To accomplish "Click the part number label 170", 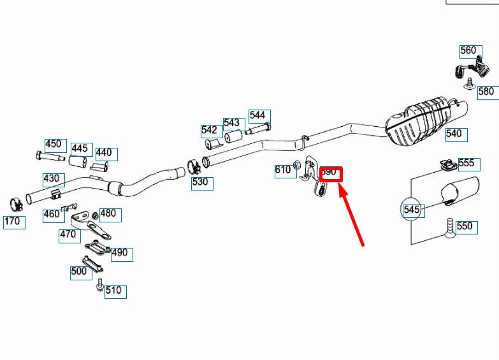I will point(14,222).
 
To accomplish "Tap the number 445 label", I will point(80,149).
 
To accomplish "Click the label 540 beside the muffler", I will point(456,134).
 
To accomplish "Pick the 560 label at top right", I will point(469,51).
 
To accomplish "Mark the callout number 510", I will point(115,291).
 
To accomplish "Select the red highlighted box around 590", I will point(331,173).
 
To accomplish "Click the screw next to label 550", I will point(451,227).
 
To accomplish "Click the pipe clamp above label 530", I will point(194,166).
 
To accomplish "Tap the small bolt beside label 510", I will point(100,287).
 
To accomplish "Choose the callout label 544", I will point(258,115).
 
